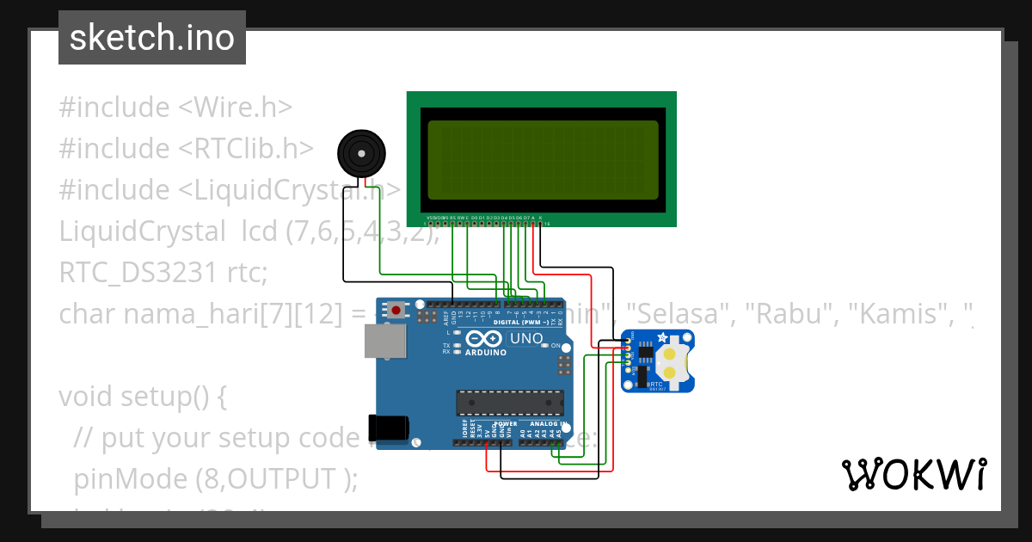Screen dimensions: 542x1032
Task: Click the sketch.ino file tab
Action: click(x=151, y=38)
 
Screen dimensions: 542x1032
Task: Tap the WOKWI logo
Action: click(x=913, y=474)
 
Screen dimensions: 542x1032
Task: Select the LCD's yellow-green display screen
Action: click(x=543, y=160)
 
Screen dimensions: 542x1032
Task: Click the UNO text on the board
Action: click(x=525, y=339)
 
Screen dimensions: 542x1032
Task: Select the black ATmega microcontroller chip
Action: click(x=509, y=402)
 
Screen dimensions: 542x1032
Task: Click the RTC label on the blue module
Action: click(x=655, y=385)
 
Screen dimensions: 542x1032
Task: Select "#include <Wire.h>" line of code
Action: click(x=175, y=108)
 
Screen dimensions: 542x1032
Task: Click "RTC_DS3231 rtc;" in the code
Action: click(x=163, y=272)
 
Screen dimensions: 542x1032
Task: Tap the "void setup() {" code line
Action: click(x=142, y=397)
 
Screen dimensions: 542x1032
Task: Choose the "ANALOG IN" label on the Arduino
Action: click(x=546, y=424)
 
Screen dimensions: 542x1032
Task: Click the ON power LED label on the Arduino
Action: click(x=556, y=346)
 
